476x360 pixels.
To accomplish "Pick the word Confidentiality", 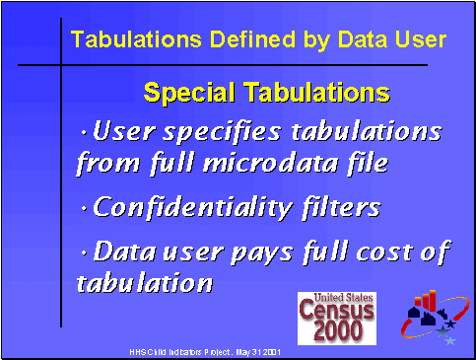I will click(x=192, y=208).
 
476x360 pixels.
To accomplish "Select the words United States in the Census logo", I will click(x=337, y=297).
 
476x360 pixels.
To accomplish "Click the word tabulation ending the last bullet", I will click(x=144, y=284).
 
